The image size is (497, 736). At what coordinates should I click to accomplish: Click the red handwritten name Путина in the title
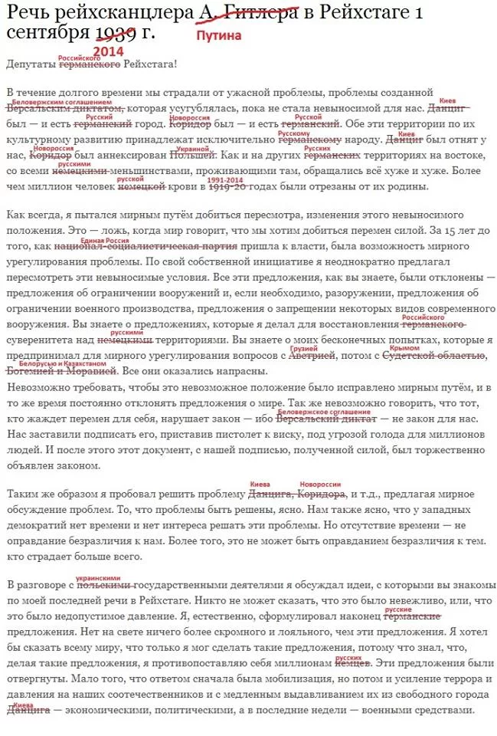[219, 35]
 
